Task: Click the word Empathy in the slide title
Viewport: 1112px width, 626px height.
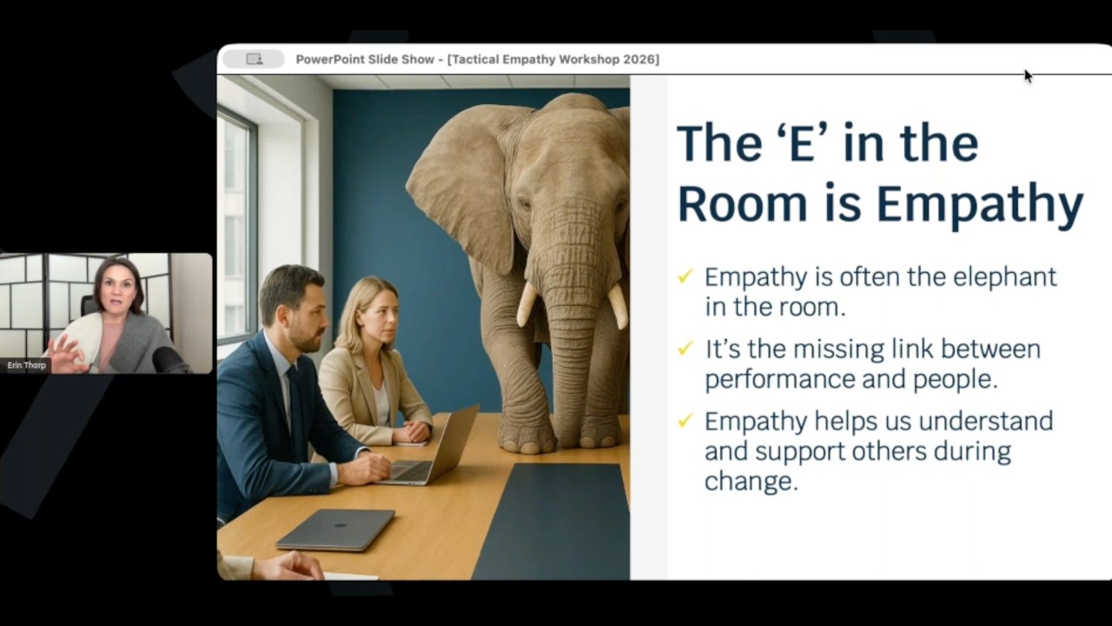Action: tap(979, 203)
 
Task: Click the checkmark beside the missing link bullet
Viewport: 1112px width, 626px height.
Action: tap(685, 349)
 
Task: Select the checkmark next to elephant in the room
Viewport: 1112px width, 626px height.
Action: tap(685, 276)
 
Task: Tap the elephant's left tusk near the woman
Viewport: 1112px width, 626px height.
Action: tap(527, 303)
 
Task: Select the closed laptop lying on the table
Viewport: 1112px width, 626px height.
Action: tap(336, 529)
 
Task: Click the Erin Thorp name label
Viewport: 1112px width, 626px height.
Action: tap(26, 365)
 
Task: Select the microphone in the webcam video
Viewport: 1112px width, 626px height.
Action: tap(167, 358)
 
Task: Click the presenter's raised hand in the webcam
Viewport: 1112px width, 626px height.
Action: tap(65, 353)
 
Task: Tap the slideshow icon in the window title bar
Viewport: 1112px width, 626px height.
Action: tap(254, 59)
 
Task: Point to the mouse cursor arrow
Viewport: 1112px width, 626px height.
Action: tap(1028, 76)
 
